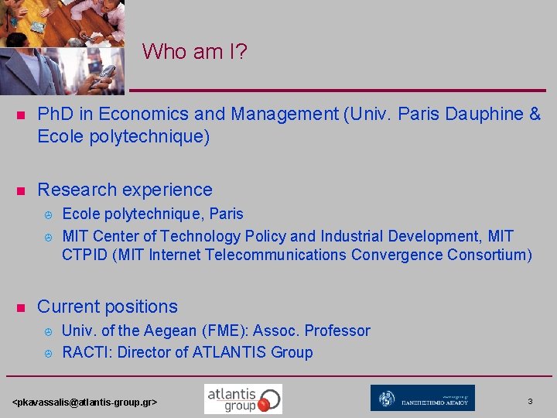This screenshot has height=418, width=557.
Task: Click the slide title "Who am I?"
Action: [194, 52]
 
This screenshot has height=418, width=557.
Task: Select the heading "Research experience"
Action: [125, 190]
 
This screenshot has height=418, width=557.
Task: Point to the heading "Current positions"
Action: [108, 307]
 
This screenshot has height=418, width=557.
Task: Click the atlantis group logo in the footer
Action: [243, 399]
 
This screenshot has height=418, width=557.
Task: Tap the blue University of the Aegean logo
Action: [422, 398]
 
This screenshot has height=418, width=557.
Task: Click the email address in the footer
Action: [86, 403]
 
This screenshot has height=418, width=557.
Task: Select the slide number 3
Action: [530, 401]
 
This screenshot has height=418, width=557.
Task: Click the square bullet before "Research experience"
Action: [22, 190]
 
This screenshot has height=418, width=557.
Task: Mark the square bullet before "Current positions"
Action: [22, 307]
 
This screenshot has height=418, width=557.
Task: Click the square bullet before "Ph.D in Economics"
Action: [22, 115]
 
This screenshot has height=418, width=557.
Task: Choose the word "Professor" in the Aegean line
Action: [337, 331]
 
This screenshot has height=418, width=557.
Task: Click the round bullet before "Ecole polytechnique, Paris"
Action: [47, 215]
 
